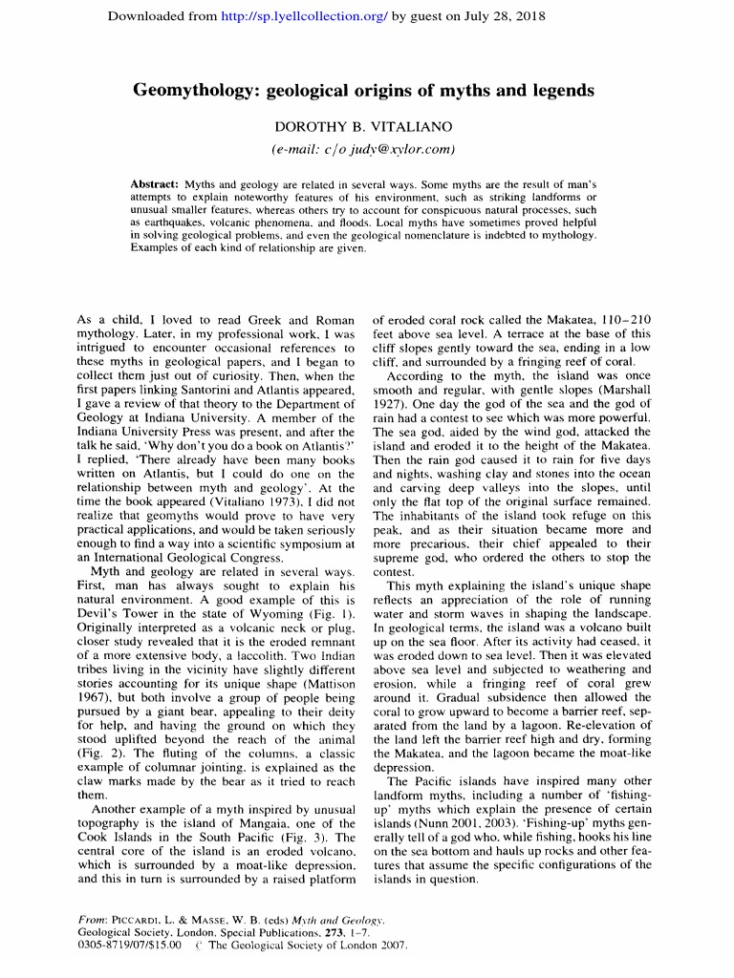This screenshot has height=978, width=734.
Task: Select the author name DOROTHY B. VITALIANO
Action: point(363,127)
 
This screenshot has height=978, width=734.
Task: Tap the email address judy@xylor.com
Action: point(399,148)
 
